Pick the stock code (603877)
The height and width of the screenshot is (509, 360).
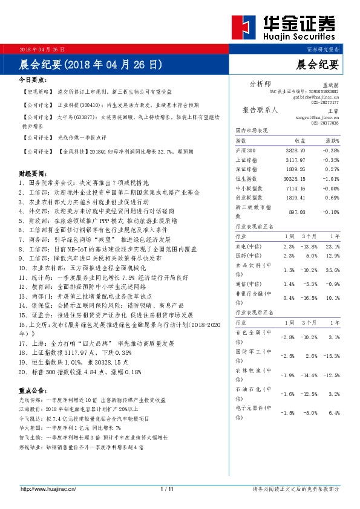click(80, 115)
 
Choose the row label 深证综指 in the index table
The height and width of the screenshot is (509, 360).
click(246, 169)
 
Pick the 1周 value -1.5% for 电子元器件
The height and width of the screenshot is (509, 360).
click(288, 413)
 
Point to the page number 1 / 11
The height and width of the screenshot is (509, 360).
click(168, 488)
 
